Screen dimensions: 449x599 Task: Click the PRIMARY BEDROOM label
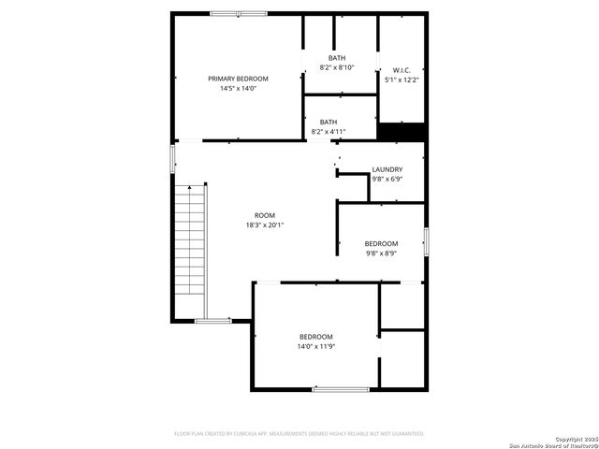coord(238,79)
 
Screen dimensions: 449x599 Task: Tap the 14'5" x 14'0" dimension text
coord(238,89)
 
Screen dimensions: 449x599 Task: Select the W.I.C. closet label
coord(402,70)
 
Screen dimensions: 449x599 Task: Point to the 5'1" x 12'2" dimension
coord(402,80)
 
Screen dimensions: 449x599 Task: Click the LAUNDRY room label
coord(387,169)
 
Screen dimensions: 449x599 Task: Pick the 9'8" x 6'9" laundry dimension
coord(387,180)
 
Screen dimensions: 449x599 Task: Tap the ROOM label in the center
coord(265,215)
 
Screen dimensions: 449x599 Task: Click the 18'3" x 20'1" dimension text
coord(265,225)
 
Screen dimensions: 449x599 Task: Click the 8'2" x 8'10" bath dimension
coord(337,67)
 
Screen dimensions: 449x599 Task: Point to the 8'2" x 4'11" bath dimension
coord(329,132)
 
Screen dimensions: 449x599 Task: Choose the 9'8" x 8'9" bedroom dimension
coord(381,253)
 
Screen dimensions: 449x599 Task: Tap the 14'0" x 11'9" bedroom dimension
coord(316,347)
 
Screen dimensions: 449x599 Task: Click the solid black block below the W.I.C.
coord(402,133)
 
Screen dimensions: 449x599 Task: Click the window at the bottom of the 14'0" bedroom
coord(340,388)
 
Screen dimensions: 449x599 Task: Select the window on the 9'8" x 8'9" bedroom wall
coord(426,241)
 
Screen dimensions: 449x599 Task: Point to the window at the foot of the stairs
coord(212,321)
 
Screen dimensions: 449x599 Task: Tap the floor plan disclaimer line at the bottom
coord(299,434)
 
